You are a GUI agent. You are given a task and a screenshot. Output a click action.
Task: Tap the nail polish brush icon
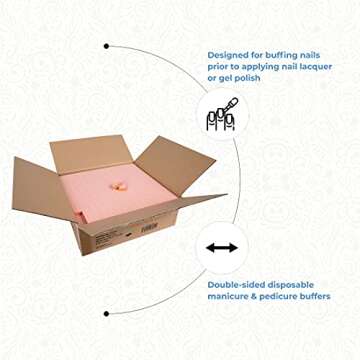coord(221,113)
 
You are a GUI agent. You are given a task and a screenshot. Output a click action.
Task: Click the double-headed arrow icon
coord(221,247)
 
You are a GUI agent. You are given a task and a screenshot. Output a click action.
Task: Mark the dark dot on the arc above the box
coord(106,44)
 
